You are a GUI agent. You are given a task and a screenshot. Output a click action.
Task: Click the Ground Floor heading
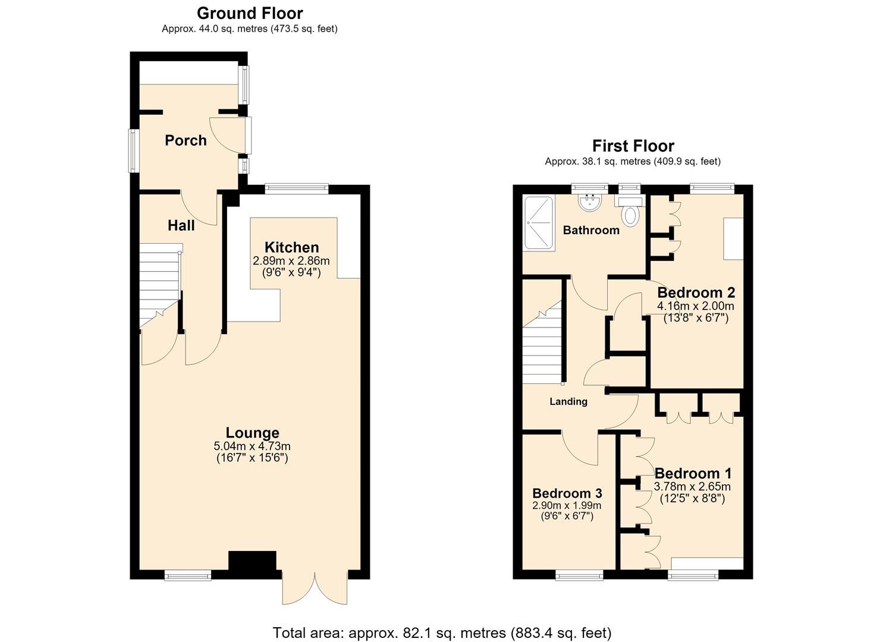[250, 14]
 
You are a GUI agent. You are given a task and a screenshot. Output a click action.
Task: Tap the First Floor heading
[633, 146]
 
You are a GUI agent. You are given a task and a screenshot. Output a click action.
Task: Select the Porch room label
[186, 140]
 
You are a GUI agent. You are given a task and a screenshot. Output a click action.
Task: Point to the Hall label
[181, 225]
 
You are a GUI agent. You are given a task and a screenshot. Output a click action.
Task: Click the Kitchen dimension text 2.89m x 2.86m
[291, 261]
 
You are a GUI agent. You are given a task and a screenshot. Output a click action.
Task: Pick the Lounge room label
[252, 433]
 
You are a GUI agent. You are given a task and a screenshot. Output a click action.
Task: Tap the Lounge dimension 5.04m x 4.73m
[252, 446]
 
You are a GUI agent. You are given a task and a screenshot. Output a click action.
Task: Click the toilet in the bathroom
[630, 212]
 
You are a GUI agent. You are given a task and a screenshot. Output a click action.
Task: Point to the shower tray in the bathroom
[539, 222]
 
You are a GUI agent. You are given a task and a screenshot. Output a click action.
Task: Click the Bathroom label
[591, 230]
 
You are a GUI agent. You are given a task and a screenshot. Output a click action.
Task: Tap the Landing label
[568, 401]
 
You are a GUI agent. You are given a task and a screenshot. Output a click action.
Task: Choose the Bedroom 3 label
[567, 493]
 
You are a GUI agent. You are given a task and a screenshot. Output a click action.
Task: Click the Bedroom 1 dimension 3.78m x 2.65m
[692, 486]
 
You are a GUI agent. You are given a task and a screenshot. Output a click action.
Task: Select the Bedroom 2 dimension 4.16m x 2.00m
[695, 306]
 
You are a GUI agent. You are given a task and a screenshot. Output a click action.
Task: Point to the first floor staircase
[542, 342]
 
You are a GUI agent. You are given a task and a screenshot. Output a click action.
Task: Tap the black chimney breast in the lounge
[252, 565]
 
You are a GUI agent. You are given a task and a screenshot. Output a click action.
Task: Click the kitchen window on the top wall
[297, 189]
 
